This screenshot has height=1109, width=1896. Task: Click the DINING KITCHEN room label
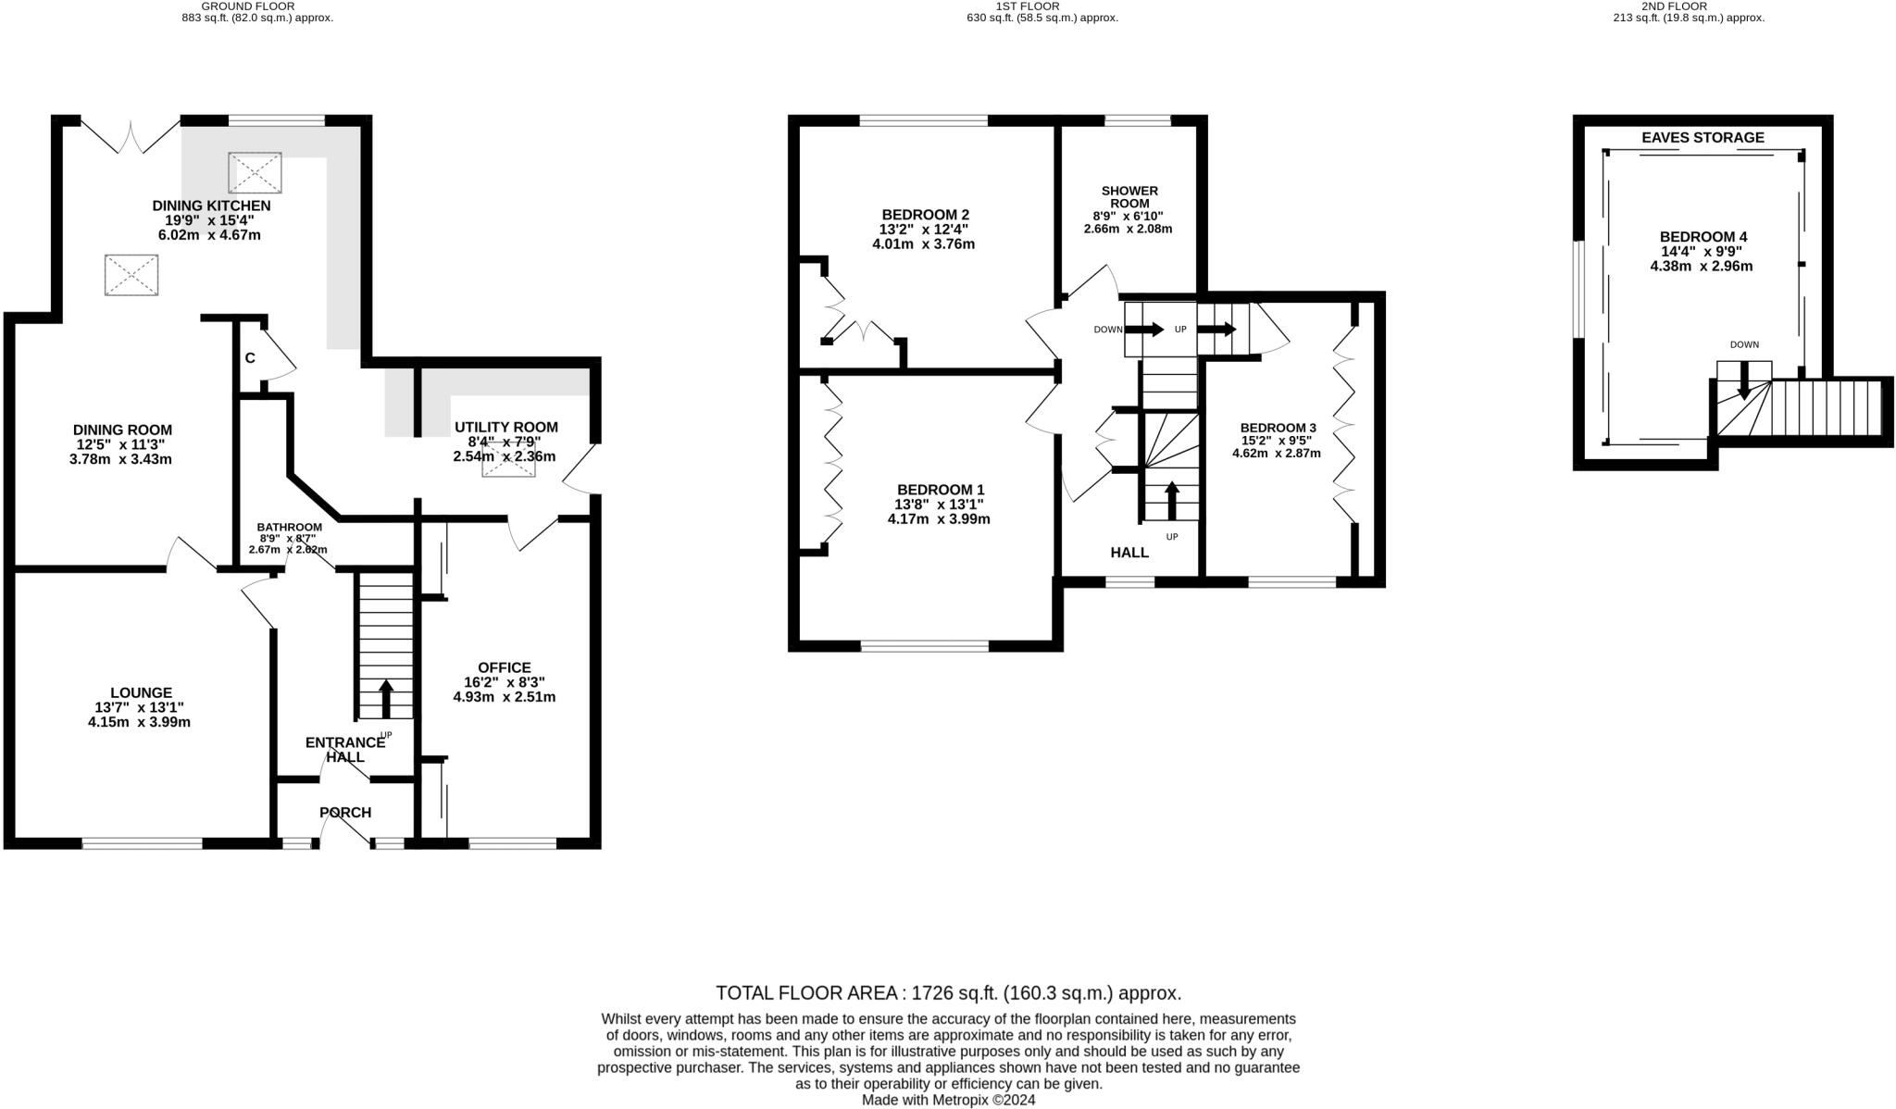point(211,206)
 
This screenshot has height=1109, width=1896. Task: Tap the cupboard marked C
point(250,358)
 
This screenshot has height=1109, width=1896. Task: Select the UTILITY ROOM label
point(505,427)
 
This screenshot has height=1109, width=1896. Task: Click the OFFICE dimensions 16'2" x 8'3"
point(504,682)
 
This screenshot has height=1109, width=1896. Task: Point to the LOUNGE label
point(141,692)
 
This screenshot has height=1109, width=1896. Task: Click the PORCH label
point(345,813)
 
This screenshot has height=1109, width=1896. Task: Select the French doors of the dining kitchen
point(131,135)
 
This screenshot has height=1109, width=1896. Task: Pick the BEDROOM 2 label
point(925,215)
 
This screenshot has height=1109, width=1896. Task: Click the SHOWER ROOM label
point(1129,197)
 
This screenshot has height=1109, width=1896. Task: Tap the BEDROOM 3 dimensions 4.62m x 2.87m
point(1276,454)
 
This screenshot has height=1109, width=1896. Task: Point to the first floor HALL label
point(1129,553)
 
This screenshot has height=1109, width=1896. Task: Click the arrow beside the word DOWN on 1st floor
point(1144,329)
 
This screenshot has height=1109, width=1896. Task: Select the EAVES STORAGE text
point(1703,138)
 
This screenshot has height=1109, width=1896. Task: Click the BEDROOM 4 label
point(1703,237)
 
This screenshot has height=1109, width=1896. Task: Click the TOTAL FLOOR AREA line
point(948,993)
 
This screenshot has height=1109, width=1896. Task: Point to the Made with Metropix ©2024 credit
point(948,1101)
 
